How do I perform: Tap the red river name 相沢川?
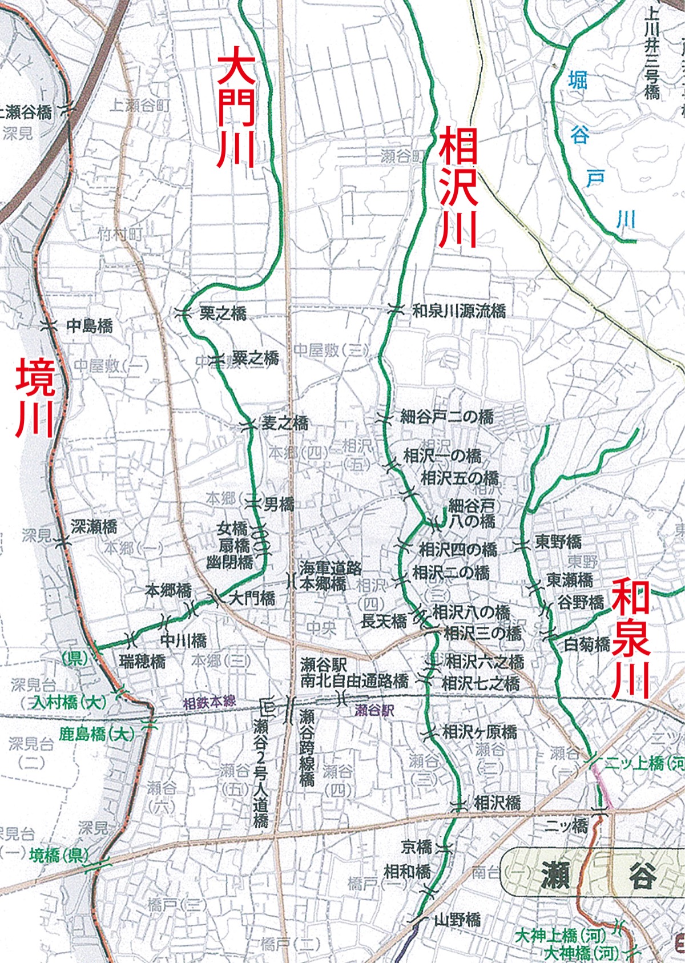[x=459, y=186]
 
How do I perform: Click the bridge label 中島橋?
[x=90, y=326]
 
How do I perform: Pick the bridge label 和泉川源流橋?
[x=459, y=311]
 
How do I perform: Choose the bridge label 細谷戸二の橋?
[x=447, y=417]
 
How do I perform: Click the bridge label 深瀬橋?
[x=94, y=526]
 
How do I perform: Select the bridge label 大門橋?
[x=252, y=598]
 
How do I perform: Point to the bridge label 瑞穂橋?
[x=143, y=661]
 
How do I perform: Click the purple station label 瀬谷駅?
[x=374, y=711]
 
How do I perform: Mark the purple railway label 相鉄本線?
[x=209, y=703]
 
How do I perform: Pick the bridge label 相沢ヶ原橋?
[x=479, y=731]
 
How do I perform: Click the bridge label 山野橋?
[x=457, y=920]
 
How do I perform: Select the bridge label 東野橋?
[x=558, y=542]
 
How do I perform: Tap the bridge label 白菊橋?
[x=587, y=644]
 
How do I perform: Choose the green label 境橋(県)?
[x=59, y=855]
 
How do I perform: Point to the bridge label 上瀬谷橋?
[x=26, y=112]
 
